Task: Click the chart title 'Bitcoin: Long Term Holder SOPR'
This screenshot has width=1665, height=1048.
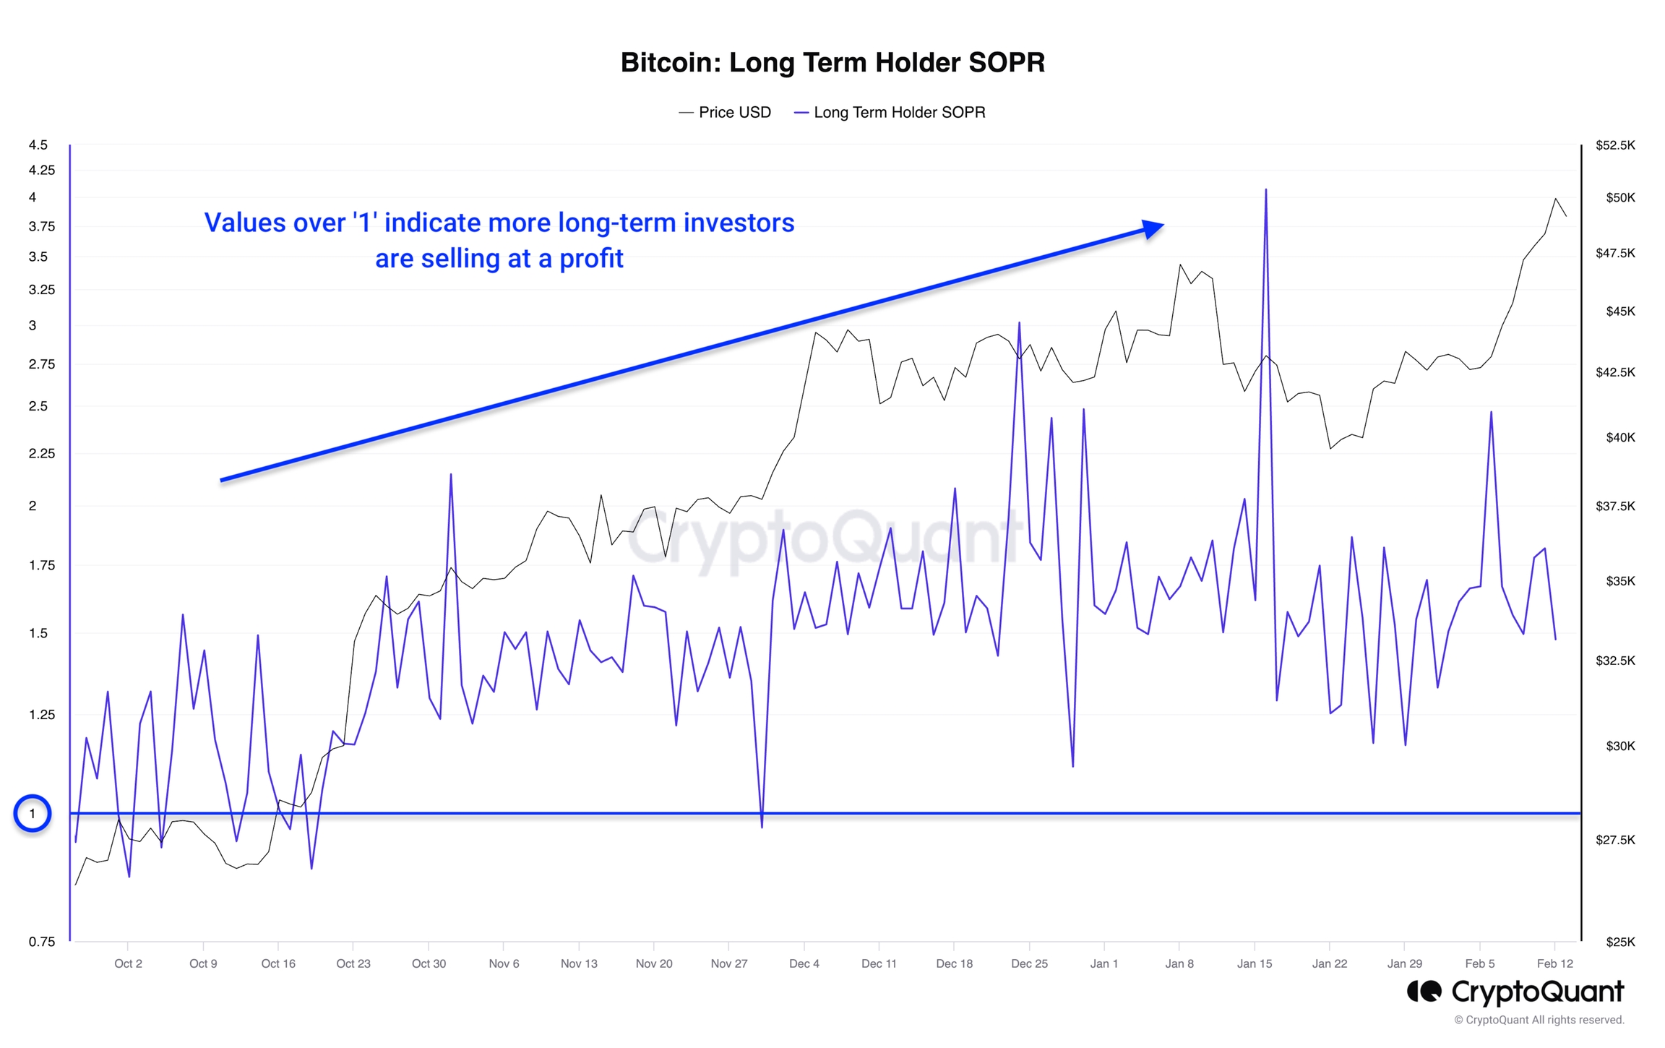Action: coord(832,63)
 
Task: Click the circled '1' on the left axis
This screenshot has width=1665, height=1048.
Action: coord(32,814)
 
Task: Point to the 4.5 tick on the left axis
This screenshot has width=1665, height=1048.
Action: coord(38,145)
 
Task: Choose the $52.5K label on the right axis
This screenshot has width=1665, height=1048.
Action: coord(1614,145)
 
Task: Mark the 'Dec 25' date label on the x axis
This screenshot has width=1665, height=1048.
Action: coord(1029,964)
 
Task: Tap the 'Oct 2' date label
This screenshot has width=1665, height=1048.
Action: coord(128,964)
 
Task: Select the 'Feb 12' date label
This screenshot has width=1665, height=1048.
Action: coord(1554,964)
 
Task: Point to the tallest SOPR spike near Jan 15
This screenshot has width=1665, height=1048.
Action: coord(1266,191)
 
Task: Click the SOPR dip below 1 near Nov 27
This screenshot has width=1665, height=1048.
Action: coord(762,826)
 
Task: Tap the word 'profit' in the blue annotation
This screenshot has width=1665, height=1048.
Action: coord(590,259)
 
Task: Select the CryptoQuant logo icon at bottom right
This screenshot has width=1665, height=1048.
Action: coord(1424,992)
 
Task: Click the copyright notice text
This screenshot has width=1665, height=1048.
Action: coord(1539,1021)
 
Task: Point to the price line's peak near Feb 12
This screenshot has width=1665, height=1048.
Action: coord(1555,199)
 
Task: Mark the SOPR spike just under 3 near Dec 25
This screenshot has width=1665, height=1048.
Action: coord(1019,324)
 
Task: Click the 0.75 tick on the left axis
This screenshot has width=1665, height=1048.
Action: coord(41,942)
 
